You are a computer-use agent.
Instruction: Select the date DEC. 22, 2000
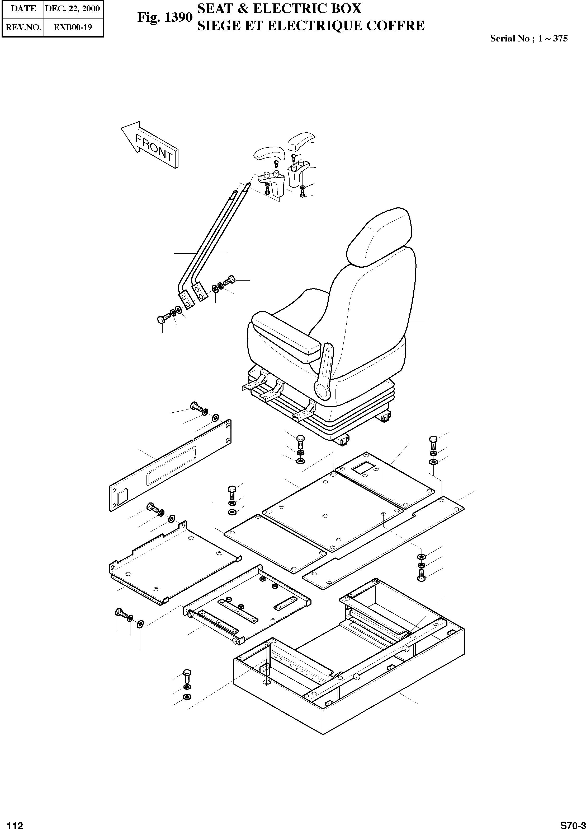click(x=73, y=9)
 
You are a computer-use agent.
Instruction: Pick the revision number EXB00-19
click(x=73, y=27)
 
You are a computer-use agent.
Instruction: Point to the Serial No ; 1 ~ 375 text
click(x=529, y=39)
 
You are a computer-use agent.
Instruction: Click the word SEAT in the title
click(x=214, y=9)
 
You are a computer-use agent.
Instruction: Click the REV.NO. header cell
click(x=23, y=27)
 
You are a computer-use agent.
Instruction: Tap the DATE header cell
click(x=23, y=9)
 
